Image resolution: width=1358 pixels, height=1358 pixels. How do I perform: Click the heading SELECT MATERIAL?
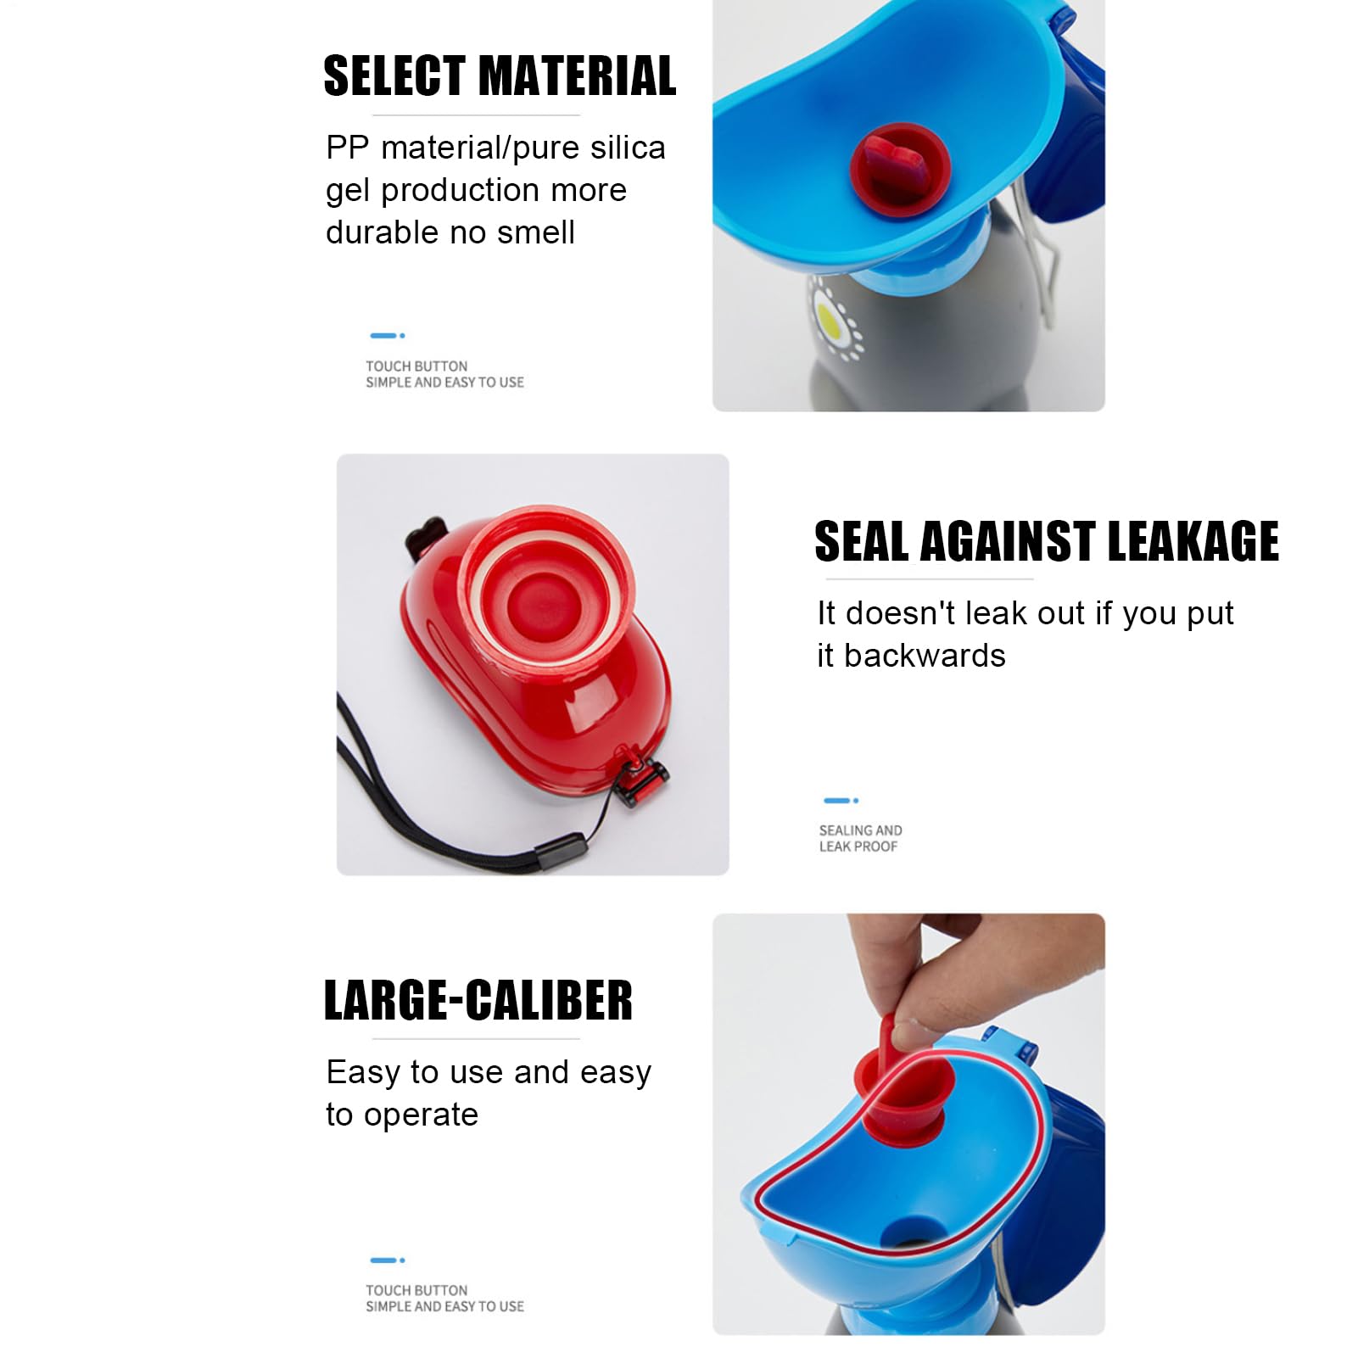[x=500, y=75]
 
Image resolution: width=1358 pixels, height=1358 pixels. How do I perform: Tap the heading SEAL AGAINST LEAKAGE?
[x=1047, y=541]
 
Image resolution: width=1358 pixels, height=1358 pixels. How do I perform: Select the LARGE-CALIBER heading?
[x=478, y=1000]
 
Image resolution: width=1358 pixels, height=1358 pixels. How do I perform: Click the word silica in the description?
[x=628, y=148]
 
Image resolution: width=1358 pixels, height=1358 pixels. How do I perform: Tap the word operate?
[x=421, y=1115]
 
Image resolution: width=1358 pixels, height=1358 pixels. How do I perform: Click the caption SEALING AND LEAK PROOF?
[x=860, y=838]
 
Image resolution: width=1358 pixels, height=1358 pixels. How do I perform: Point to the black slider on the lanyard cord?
[x=561, y=850]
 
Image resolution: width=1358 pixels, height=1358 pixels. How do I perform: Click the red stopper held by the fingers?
[x=906, y=1082]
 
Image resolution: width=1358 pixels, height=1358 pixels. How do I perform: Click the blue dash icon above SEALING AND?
[x=841, y=800]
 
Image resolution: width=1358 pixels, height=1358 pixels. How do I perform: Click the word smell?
[x=536, y=232]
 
